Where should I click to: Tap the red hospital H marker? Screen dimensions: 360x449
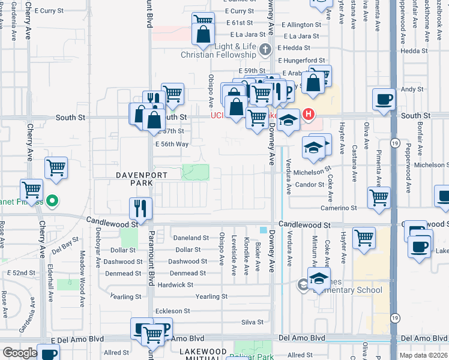coord(309,113)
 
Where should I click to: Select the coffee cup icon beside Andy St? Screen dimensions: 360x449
coord(384,100)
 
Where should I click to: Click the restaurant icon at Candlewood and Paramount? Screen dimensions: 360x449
coord(141,208)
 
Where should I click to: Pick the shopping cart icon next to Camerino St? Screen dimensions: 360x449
coord(379,198)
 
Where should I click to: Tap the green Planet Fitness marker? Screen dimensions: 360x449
coord(52,202)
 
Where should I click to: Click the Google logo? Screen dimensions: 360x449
coord(20,353)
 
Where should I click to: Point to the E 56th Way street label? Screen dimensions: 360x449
coord(172,144)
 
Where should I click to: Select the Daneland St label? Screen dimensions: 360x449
coord(191,238)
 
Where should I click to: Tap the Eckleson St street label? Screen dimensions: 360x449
coord(172,311)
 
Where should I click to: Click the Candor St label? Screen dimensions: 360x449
coord(309,184)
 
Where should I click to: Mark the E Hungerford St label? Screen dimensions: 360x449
coord(300,61)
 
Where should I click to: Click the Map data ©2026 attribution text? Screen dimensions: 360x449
coord(423,354)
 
